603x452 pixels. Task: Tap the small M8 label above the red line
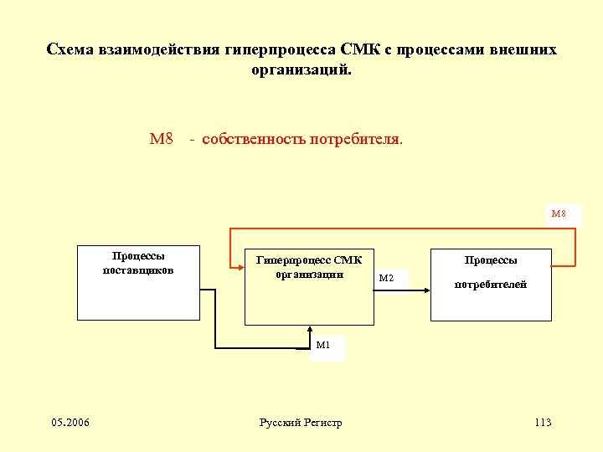559,214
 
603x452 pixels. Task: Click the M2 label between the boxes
386,278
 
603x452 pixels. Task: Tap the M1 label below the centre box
323,344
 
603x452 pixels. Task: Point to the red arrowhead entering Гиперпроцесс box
238,266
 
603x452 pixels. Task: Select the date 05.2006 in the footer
70,422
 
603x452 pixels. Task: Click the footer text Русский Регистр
301,423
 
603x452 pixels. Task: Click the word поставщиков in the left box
138,270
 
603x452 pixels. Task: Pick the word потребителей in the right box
491,285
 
